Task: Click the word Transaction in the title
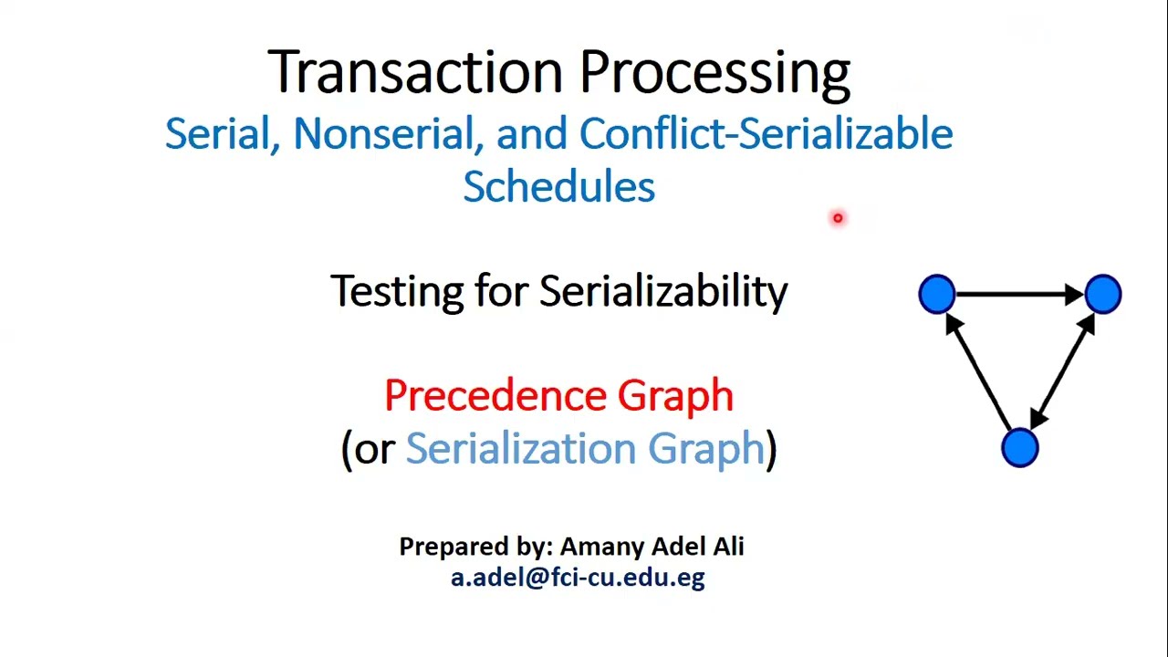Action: (x=415, y=71)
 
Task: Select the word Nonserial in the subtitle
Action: (x=388, y=134)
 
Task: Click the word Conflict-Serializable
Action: (x=766, y=134)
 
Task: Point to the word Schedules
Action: (x=558, y=186)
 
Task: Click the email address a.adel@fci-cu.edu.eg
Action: (x=578, y=577)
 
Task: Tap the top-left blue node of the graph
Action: (x=937, y=295)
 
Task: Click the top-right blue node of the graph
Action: (x=1103, y=295)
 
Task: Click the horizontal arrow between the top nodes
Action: (x=1020, y=295)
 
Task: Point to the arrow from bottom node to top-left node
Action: (x=979, y=371)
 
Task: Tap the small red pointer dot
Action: (x=838, y=218)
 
